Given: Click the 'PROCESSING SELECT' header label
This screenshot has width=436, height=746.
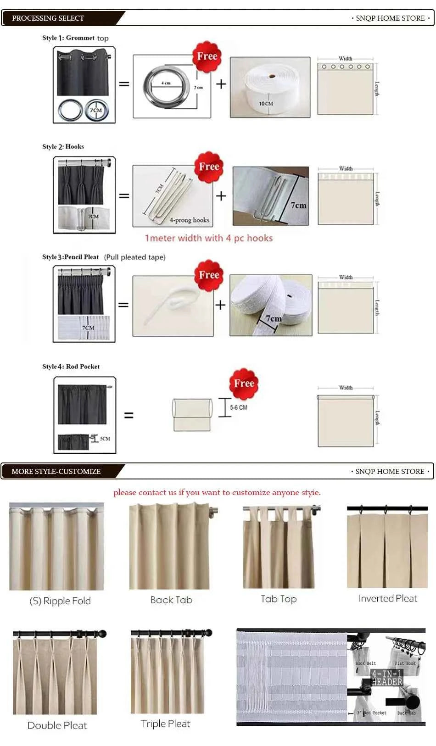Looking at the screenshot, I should [48, 18].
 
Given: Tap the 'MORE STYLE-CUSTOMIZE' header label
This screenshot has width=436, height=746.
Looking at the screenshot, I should [56, 471].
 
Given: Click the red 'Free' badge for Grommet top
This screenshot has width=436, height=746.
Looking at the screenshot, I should [207, 56].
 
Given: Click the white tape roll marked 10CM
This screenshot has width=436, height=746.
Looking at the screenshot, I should [269, 87].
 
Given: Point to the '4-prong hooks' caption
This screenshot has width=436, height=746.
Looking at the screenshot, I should [189, 220].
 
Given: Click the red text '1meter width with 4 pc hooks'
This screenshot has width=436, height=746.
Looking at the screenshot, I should [209, 238].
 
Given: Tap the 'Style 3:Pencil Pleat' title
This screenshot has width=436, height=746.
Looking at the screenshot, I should [71, 257].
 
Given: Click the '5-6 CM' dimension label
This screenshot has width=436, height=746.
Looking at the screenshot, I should [239, 407].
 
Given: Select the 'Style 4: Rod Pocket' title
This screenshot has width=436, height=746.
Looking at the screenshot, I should [71, 367].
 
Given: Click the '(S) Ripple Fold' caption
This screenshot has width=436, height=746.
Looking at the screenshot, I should [60, 601].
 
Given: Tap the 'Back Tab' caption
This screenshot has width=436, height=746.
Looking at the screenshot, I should [171, 600].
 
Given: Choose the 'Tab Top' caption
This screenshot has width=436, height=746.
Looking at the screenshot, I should [279, 599].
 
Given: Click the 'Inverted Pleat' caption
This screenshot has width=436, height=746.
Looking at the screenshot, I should [388, 598].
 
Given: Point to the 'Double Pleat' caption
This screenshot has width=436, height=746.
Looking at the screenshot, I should [57, 725].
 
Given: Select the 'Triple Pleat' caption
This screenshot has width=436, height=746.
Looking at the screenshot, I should [165, 724].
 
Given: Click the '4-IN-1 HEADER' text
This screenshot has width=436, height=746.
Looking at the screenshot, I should [387, 678].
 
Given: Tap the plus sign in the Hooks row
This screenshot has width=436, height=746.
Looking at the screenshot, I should [221, 196].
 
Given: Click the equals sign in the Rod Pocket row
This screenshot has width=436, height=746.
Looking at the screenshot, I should [129, 415].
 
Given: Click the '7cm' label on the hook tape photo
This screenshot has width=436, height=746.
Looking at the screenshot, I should [298, 206].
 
